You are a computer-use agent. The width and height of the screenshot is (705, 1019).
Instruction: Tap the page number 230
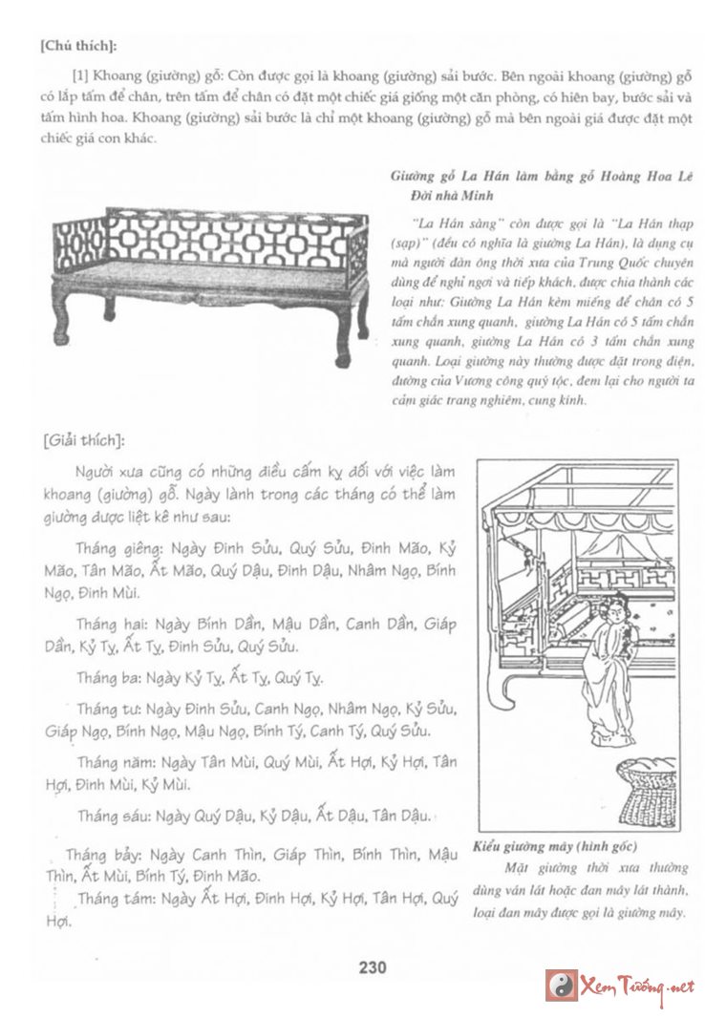click(x=373, y=967)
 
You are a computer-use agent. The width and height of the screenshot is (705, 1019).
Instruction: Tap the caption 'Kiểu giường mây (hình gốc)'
click(x=554, y=847)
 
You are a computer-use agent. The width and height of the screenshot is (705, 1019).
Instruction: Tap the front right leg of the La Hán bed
click(x=341, y=341)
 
